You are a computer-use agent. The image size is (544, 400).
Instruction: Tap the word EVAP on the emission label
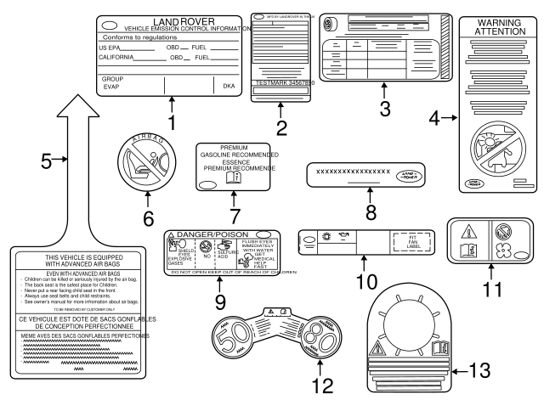point(111,87)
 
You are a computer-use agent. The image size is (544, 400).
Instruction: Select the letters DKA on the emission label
point(228,86)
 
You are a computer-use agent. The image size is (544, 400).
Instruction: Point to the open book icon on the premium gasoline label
point(257,177)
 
